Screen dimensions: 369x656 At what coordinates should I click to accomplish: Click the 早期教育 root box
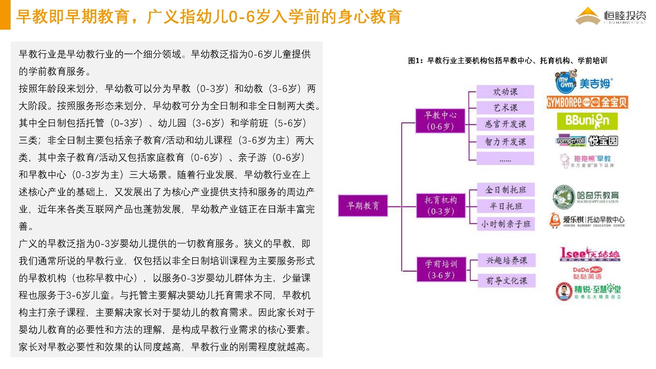(x=363, y=206)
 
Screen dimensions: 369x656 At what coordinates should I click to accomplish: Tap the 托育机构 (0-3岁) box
(x=440, y=204)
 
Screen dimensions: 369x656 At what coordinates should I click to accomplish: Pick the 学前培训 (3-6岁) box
(x=440, y=269)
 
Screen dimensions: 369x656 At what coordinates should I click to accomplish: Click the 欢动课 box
(x=505, y=92)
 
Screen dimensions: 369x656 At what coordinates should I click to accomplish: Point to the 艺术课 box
(x=505, y=108)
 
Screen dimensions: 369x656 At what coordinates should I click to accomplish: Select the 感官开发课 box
(x=505, y=124)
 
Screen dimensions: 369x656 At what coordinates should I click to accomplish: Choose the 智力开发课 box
(x=505, y=141)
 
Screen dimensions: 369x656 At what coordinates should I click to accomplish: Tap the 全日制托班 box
(x=505, y=190)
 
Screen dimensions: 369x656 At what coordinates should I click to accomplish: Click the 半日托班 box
(x=505, y=206)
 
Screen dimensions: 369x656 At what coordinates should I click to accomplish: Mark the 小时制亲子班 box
(x=505, y=224)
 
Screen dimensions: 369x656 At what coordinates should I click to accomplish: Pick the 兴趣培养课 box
(x=506, y=260)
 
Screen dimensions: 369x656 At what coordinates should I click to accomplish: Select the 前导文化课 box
(x=506, y=280)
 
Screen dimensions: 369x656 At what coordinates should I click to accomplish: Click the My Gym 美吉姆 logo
(x=584, y=83)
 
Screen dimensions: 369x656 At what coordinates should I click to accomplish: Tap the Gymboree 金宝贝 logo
(x=587, y=102)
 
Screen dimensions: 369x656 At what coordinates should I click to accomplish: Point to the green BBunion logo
(x=587, y=121)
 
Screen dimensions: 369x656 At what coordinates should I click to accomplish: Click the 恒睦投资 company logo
(x=610, y=15)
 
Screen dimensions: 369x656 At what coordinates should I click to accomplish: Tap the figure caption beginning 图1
(x=507, y=60)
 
